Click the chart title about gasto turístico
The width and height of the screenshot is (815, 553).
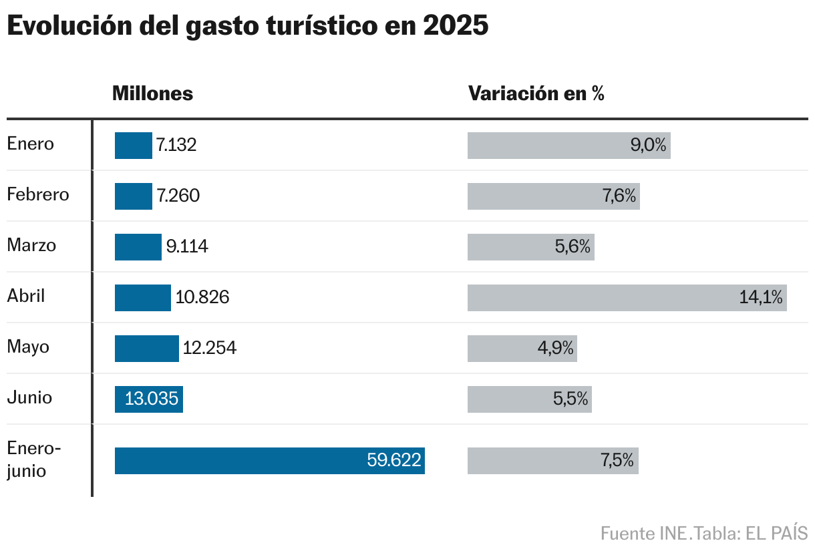tap(248, 26)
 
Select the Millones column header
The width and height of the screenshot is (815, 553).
tap(152, 94)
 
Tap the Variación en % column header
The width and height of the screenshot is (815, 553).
tap(536, 94)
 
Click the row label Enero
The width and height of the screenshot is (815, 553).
tap(31, 144)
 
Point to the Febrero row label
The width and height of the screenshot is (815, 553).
tap(38, 195)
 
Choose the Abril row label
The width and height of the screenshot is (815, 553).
tap(26, 296)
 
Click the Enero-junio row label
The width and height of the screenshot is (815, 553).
tap(33, 459)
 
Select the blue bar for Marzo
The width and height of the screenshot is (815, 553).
tap(138, 247)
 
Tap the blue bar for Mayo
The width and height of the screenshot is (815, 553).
tap(146, 349)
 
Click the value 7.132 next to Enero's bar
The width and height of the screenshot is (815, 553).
tap(176, 146)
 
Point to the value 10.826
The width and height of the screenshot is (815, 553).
tap(202, 298)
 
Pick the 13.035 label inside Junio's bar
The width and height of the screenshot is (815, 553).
tap(152, 399)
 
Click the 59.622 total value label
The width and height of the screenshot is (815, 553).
tap(394, 461)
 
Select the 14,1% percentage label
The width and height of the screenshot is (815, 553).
tap(760, 298)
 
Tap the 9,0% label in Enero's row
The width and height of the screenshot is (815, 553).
tap(648, 146)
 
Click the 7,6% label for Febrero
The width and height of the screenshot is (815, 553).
tap(617, 196)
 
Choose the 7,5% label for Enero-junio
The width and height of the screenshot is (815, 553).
tap(616, 461)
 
